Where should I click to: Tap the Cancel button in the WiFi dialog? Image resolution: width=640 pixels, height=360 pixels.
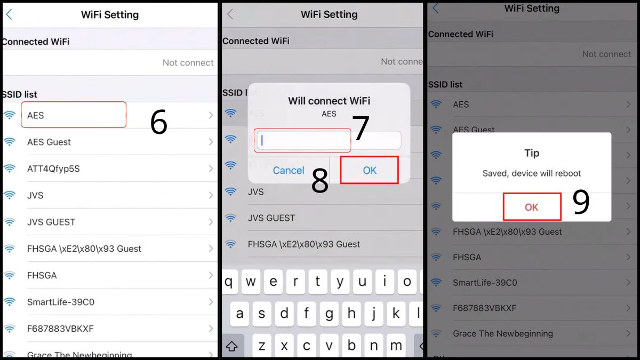pyautogui.click(x=289, y=170)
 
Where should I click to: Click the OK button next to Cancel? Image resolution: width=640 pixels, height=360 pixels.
pyautogui.click(x=370, y=170)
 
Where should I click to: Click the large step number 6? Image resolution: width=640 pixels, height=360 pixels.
pyautogui.click(x=158, y=123)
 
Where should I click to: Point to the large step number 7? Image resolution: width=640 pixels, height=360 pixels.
pyautogui.click(x=361, y=129)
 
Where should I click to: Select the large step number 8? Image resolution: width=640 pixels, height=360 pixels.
pyautogui.click(x=319, y=181)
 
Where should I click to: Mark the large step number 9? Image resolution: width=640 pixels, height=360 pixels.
pyautogui.click(x=581, y=203)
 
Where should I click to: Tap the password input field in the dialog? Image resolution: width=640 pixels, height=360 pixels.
pyautogui.click(x=329, y=141)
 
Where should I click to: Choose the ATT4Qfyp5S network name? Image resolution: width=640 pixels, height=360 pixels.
pyautogui.click(x=53, y=169)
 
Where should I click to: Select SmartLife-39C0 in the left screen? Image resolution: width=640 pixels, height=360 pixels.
pyautogui.click(x=61, y=302)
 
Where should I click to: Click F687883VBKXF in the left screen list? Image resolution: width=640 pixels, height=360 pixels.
pyautogui.click(x=60, y=329)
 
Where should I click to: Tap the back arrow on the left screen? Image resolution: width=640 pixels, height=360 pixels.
pyautogui.click(x=9, y=14)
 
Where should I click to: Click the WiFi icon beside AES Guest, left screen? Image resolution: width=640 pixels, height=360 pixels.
pyautogui.click(x=10, y=142)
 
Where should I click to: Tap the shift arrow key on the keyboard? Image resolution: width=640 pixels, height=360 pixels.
pyautogui.click(x=232, y=346)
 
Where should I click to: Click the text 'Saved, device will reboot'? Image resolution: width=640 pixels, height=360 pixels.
pyautogui.click(x=531, y=173)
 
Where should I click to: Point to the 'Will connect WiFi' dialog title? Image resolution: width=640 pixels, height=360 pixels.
pyautogui.click(x=329, y=101)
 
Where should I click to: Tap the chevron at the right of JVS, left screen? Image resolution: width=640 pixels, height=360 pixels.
pyautogui.click(x=211, y=195)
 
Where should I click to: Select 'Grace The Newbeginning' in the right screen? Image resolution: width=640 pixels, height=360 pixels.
pyautogui.click(x=502, y=333)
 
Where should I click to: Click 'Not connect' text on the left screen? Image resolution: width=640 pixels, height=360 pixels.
pyautogui.click(x=188, y=62)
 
